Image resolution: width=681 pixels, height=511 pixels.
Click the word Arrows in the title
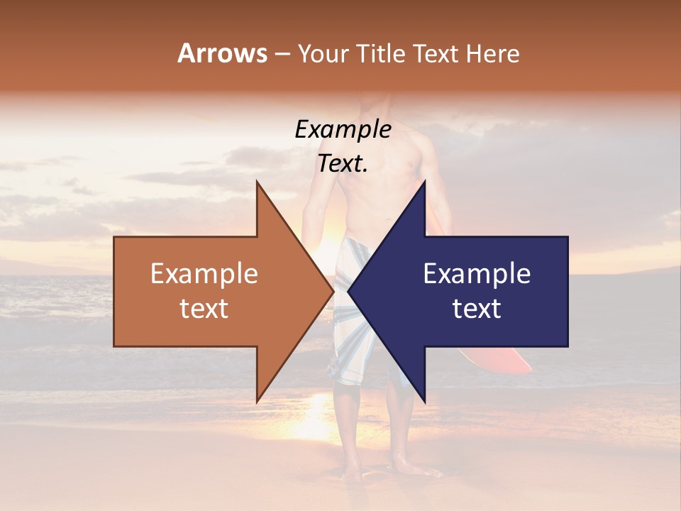(222, 53)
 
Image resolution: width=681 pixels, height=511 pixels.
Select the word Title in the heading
(384, 53)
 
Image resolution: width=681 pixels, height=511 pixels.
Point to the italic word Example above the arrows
(343, 130)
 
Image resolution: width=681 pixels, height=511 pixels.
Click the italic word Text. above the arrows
(343, 164)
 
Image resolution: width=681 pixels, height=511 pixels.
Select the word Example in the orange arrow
(204, 274)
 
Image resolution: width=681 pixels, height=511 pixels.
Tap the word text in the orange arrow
(204, 309)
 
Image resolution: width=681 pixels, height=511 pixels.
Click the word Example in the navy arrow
(477, 274)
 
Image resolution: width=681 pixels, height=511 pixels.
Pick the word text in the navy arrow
(477, 309)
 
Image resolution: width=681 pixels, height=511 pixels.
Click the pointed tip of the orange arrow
(332, 292)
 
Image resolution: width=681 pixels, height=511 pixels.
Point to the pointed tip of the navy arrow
(350, 292)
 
